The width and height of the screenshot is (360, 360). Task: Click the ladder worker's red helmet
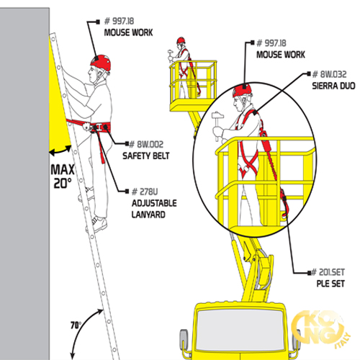coord(102,63)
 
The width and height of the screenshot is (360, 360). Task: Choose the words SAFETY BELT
coord(145,156)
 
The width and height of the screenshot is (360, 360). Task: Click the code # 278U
coord(145,192)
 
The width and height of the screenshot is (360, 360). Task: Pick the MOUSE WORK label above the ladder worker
coord(127,33)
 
